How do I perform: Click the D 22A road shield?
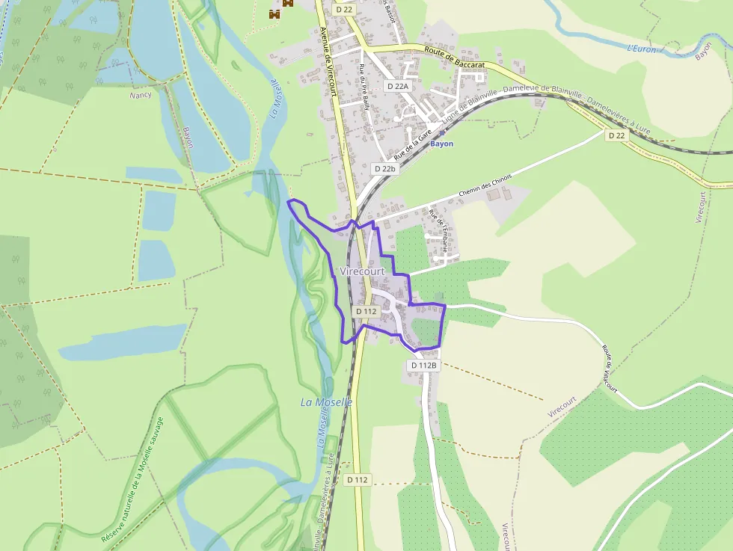coord(398,86)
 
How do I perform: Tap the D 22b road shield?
coord(385,169)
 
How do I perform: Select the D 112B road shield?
coord(423,365)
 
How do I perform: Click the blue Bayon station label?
coord(442,144)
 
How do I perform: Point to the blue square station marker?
coord(441,133)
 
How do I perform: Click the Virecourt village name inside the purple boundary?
coord(362,271)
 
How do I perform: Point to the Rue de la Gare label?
coord(415,144)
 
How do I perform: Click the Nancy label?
coord(140,95)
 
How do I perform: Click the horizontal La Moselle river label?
coord(326,402)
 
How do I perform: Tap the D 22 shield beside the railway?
coord(616,135)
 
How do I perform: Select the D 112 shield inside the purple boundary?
coord(366,311)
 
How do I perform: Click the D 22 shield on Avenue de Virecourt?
coord(343,9)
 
